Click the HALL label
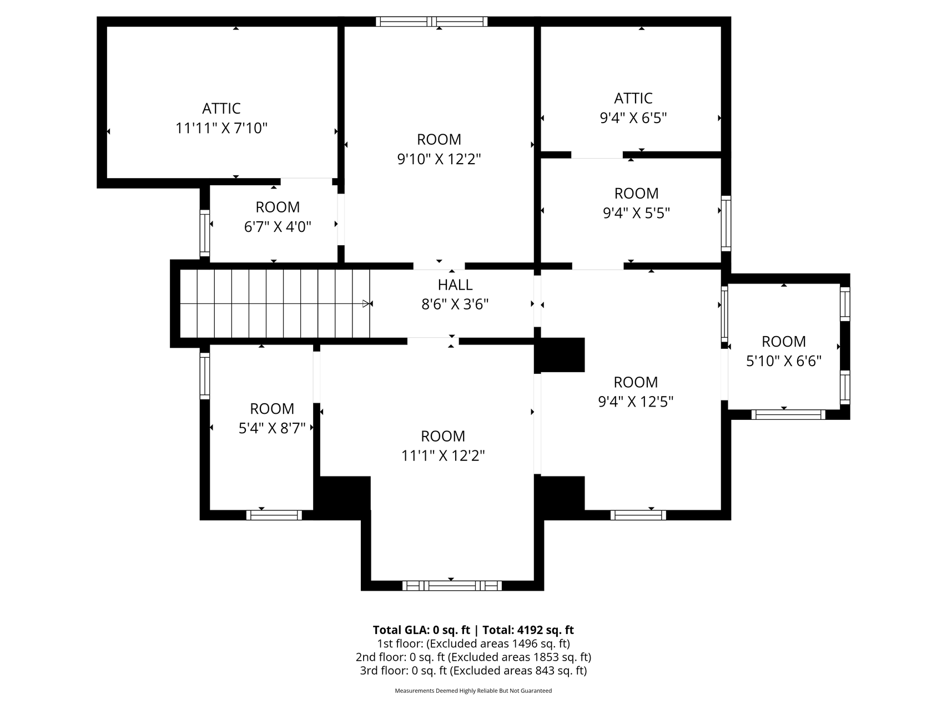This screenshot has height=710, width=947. (x=455, y=285)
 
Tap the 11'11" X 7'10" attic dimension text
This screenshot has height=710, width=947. (x=221, y=128)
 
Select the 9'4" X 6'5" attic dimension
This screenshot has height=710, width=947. (x=633, y=118)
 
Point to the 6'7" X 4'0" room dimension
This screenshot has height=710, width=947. (x=278, y=227)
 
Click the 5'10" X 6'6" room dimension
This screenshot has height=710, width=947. (x=784, y=361)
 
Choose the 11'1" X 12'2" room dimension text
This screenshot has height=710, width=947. (x=443, y=456)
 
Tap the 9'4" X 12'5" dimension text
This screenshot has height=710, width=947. (x=636, y=402)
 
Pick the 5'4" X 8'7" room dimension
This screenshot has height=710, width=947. (x=272, y=428)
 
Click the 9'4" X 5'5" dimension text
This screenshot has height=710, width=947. (x=636, y=213)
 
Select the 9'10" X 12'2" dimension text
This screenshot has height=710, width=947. (x=439, y=159)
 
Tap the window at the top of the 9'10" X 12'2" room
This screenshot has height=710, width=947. (x=432, y=22)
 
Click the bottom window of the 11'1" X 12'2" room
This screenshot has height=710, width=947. (x=452, y=585)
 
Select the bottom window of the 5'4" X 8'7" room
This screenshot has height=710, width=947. (x=274, y=515)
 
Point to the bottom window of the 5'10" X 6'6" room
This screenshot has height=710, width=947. (x=788, y=414)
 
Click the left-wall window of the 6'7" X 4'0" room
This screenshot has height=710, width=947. (x=205, y=233)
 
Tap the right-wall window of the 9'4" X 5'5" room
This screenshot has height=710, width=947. (x=726, y=223)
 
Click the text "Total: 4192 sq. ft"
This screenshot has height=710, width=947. (x=528, y=630)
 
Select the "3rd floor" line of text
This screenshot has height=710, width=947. (x=473, y=671)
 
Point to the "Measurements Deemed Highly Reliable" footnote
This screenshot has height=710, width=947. (x=473, y=691)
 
